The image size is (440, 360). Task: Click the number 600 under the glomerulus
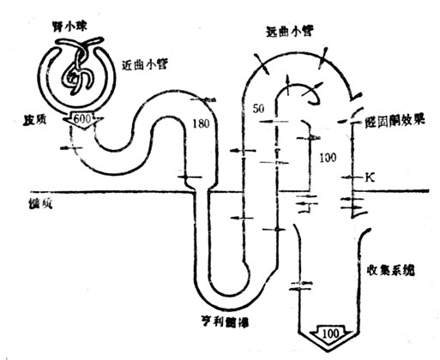click(x=84, y=118)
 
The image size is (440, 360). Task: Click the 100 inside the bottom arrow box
click(x=333, y=331)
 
